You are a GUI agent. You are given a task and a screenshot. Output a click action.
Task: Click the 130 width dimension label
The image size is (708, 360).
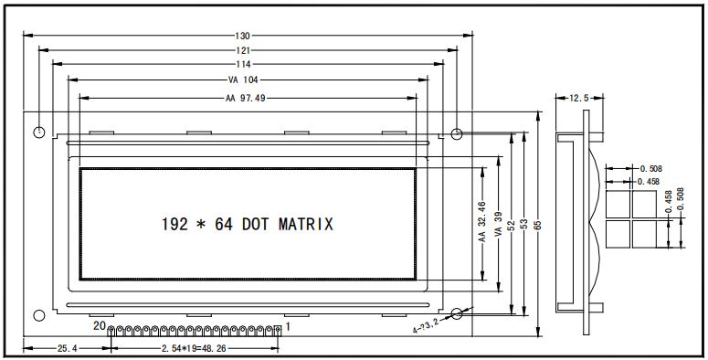[242, 36]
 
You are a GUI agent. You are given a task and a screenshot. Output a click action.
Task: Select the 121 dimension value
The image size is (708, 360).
[242, 50]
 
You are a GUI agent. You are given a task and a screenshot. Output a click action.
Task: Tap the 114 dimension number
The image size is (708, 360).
[243, 64]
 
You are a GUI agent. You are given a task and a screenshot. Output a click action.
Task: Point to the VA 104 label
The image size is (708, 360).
[243, 80]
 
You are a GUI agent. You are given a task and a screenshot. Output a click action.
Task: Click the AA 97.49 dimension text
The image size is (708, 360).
[245, 98]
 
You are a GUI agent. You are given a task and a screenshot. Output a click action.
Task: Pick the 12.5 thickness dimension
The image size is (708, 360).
[579, 98]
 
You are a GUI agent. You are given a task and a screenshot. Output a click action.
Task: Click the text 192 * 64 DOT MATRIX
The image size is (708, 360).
[248, 224]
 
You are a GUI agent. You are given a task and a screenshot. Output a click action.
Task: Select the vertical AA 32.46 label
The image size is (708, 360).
[482, 222]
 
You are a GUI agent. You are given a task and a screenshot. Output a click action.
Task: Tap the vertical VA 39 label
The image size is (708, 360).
[499, 224]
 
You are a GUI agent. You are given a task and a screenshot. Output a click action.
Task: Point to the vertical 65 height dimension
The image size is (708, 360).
[538, 225]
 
